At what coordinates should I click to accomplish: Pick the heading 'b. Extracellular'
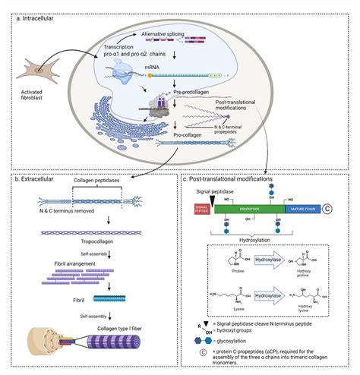pyautogui.click(x=39, y=178)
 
